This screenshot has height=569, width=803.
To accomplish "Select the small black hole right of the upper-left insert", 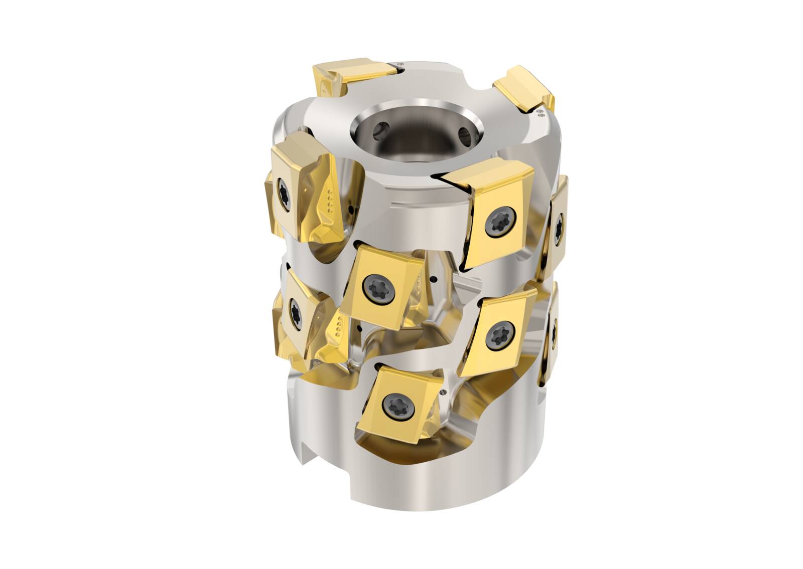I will [349, 209].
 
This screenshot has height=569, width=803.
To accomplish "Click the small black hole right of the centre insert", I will [436, 280].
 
